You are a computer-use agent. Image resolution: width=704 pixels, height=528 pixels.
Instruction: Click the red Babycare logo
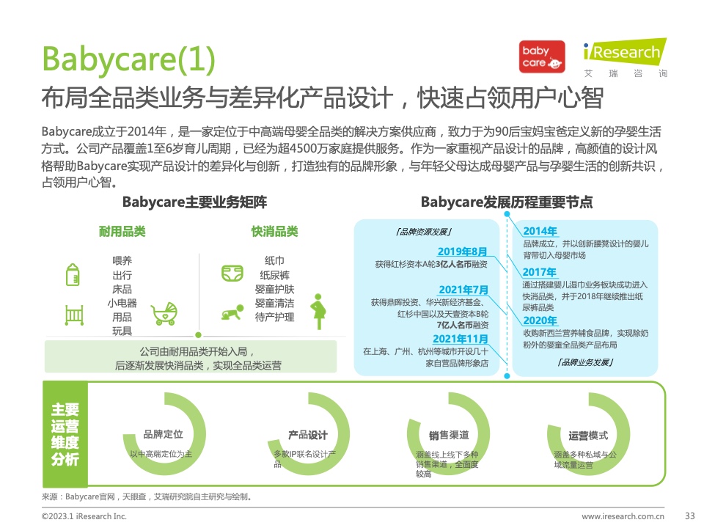(542, 57)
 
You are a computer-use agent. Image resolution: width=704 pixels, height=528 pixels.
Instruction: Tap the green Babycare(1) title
(128, 59)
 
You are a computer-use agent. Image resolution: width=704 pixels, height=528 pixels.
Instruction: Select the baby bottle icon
(73, 274)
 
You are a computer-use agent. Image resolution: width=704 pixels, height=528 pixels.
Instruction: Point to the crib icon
(74, 315)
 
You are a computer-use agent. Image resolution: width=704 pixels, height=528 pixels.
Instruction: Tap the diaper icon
(232, 273)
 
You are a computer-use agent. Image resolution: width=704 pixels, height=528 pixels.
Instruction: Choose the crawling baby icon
(232, 312)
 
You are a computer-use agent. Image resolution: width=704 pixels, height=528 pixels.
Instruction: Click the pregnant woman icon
(318, 312)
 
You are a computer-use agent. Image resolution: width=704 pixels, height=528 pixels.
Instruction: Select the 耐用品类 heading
(122, 232)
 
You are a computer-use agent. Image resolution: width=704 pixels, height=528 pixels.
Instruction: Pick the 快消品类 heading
(275, 232)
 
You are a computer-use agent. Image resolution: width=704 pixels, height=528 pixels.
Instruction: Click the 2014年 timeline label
(540, 231)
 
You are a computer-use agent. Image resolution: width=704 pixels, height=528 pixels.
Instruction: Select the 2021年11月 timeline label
(461, 339)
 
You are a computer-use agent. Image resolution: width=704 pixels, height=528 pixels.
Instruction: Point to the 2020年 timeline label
(540, 320)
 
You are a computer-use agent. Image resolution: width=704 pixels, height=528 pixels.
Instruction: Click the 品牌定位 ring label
(163, 434)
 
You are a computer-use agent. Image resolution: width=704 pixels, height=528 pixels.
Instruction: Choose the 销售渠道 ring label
(449, 435)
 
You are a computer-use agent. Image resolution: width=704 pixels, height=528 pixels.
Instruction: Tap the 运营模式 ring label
(588, 436)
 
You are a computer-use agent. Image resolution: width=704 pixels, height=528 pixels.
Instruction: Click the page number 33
(689, 516)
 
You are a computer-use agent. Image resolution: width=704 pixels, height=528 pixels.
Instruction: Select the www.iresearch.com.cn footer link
(623, 516)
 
